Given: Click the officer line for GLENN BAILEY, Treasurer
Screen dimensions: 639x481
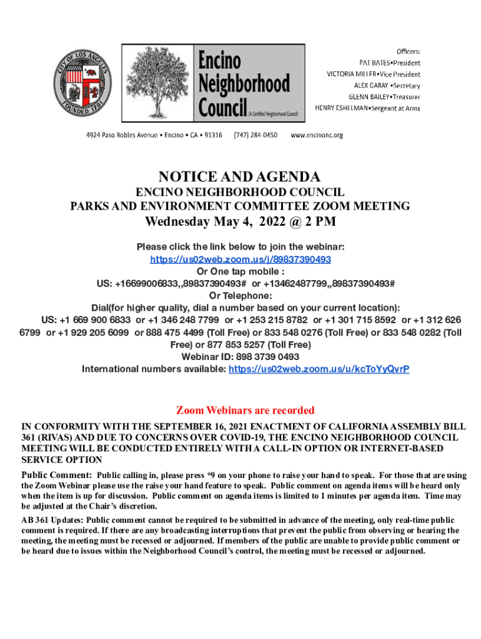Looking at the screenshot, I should coord(385,97).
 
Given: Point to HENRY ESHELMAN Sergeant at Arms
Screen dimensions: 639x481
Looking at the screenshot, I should coord(367,108).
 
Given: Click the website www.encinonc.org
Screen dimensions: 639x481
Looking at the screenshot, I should coord(317,135).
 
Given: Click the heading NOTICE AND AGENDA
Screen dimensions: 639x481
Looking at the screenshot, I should coord(240,176).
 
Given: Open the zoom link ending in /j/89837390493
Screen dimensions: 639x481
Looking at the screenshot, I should coord(241,259).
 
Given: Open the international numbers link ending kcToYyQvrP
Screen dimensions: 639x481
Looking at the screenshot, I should coord(319,369).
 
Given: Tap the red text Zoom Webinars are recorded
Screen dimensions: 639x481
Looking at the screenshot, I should coord(245,410).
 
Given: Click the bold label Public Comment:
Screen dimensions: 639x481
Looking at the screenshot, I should coord(57,476).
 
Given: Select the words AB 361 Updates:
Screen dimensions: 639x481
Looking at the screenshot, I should coord(52,520).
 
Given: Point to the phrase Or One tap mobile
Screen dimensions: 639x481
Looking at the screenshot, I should coord(241,271).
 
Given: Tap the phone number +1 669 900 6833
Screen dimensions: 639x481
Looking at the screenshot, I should coord(95,320).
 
